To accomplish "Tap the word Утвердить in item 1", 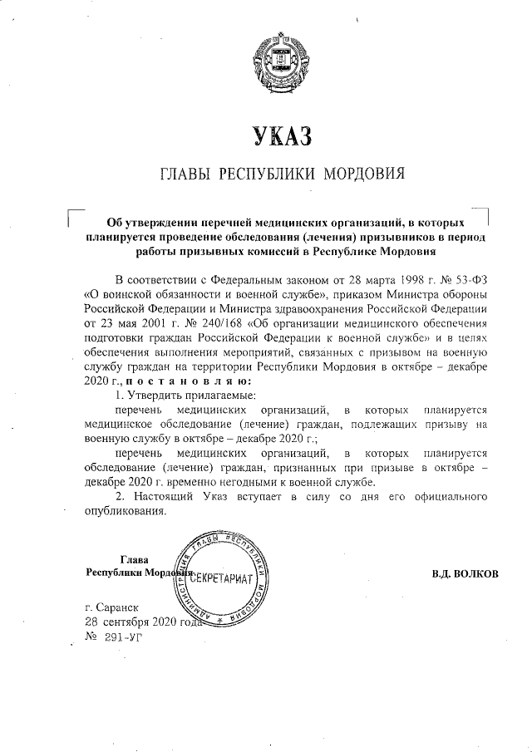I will pyautogui.click(x=160, y=396).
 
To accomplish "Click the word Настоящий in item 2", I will pyautogui.click(x=161, y=496).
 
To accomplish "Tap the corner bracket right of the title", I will pyautogui.click(x=485, y=212).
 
